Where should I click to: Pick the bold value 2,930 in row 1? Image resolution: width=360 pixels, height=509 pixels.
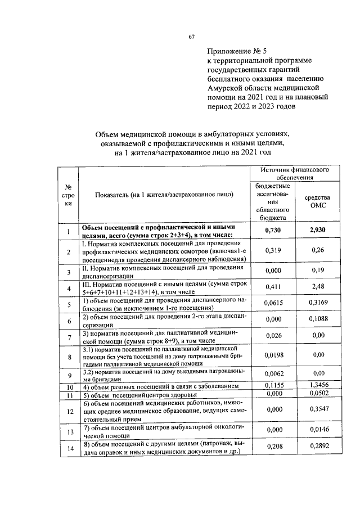point(317,231)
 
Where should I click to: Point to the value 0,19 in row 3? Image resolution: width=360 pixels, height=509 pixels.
point(317,271)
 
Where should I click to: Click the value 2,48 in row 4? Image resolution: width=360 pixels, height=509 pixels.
point(317,287)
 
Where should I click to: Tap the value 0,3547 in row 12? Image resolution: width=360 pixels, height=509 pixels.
point(317,411)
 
